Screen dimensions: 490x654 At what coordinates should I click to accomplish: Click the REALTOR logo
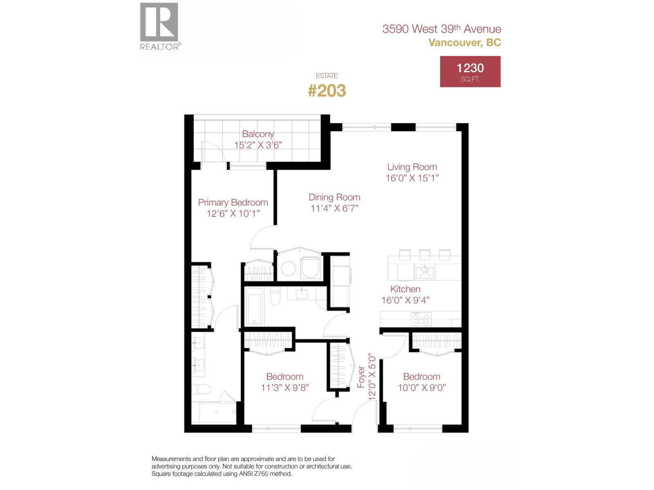point(159,26)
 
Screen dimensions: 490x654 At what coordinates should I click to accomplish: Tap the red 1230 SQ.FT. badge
point(470,71)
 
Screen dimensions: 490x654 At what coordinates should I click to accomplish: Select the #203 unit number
point(327,91)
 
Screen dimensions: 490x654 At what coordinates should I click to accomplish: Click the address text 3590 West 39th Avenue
point(441,29)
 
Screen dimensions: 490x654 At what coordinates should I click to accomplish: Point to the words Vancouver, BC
point(465,42)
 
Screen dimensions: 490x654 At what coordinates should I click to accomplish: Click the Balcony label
point(258,134)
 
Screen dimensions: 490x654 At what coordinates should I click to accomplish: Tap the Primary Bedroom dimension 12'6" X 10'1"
point(233,214)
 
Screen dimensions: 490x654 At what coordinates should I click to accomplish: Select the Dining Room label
point(334,198)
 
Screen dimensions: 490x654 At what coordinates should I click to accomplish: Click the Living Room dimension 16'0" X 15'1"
point(412,178)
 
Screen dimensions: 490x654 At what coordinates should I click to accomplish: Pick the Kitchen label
point(405,289)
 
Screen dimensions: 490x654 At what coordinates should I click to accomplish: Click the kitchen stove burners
point(421,319)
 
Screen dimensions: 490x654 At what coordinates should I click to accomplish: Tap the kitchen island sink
point(425,271)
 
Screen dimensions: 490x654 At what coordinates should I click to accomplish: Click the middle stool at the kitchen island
point(424,255)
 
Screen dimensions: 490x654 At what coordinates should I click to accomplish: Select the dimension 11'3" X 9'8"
point(284,388)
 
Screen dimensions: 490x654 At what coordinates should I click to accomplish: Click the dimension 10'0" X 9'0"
point(421,388)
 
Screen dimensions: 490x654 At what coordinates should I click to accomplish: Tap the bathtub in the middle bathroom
point(255,306)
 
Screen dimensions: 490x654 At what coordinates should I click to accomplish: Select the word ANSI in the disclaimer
point(245,474)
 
